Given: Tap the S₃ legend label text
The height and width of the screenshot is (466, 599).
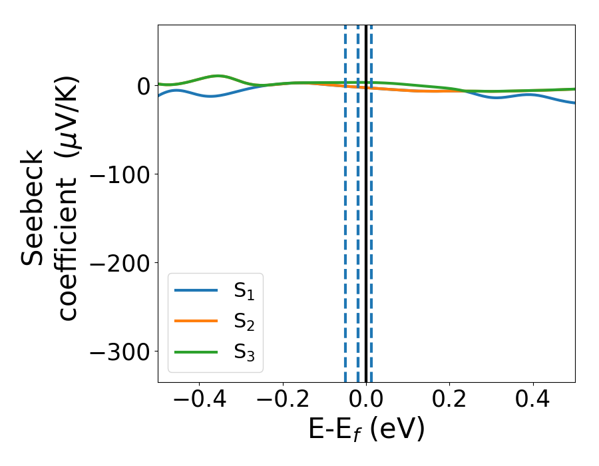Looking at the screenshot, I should (244, 351).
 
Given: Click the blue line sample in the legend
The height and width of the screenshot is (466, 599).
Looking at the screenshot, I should (196, 290).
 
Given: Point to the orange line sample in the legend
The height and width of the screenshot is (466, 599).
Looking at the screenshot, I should (196, 321).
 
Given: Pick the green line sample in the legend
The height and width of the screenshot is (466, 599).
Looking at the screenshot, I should (196, 351).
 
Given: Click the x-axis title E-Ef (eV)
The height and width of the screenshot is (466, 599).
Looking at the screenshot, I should (366, 430).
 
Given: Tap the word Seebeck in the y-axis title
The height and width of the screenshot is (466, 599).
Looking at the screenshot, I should (33, 207).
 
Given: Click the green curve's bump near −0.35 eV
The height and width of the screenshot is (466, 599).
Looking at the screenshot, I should (218, 76).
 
